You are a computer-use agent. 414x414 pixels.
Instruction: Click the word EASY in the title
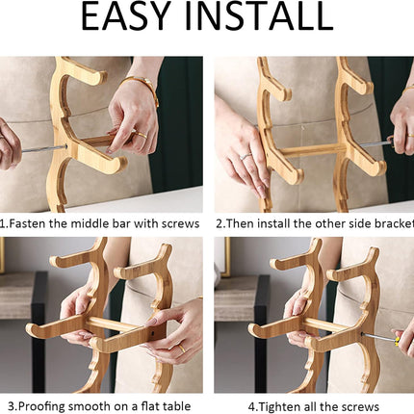click(x=125, y=16)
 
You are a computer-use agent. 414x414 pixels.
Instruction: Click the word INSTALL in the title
click(x=259, y=16)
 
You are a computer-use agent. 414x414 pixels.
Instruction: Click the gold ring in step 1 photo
click(x=142, y=135)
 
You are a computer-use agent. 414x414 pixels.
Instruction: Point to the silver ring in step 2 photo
click(x=246, y=156)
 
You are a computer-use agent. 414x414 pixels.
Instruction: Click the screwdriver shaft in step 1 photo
click(x=43, y=149)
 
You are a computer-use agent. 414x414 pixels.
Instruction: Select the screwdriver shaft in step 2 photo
click(x=375, y=144)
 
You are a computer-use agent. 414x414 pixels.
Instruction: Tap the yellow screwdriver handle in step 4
click(x=398, y=342)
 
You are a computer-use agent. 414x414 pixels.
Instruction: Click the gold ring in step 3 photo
click(x=181, y=349)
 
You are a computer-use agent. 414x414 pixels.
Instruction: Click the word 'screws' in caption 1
click(x=180, y=223)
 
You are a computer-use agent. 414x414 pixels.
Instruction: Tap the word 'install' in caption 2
click(x=274, y=223)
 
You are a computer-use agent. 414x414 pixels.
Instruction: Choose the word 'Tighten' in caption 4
click(x=279, y=407)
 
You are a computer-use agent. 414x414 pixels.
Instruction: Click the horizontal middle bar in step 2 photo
click(x=312, y=150)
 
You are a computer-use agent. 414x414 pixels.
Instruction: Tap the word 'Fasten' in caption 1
click(x=27, y=223)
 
